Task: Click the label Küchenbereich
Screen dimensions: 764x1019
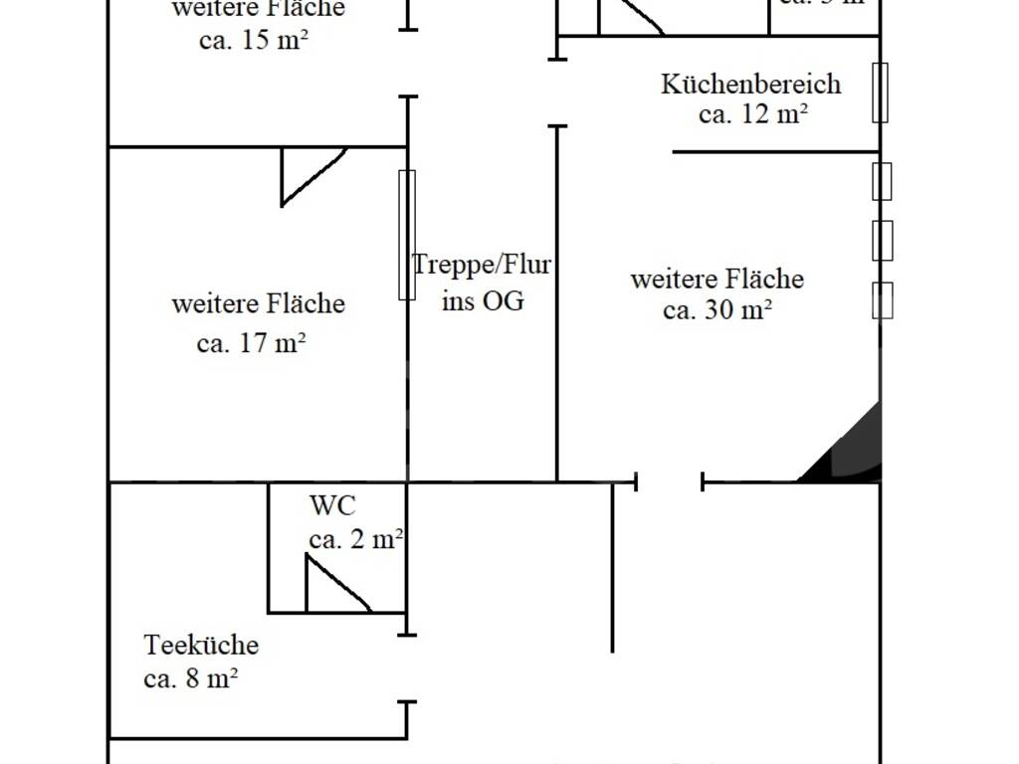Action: [750, 84]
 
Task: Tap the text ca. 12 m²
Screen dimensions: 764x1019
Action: [752, 114]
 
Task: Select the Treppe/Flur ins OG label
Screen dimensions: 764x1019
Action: [482, 283]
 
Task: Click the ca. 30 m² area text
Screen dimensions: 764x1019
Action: [717, 310]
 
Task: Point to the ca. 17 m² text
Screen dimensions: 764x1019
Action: [251, 344]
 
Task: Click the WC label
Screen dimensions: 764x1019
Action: [331, 505]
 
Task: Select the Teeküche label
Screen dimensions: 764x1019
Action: [201, 646]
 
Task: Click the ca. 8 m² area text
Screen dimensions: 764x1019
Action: [190, 679]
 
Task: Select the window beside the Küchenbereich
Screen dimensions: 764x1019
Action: [880, 93]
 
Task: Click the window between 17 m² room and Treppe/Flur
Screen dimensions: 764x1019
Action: [406, 235]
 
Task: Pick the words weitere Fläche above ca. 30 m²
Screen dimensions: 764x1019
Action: [716, 279]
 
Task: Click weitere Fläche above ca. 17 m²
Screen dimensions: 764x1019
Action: [258, 303]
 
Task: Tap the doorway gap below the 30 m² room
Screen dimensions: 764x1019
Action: [669, 483]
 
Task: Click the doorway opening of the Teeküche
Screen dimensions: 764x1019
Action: [406, 668]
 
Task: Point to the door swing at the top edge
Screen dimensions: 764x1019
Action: [629, 17]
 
